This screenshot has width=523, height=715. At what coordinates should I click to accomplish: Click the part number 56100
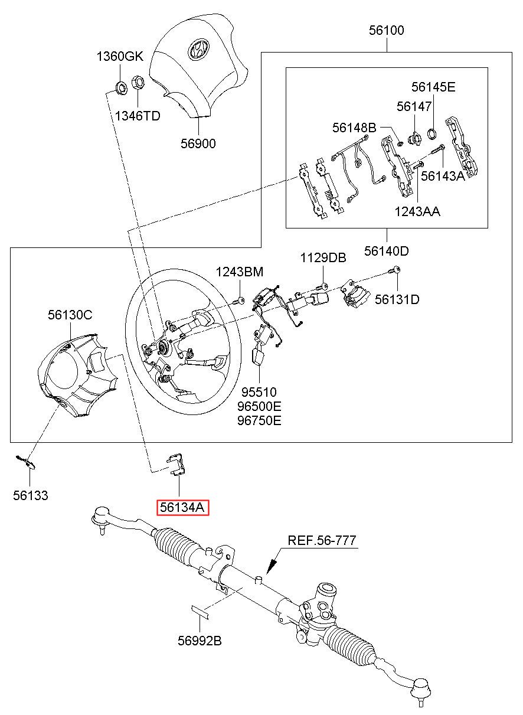point(387,31)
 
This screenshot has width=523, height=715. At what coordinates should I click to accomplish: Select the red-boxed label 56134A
point(182,508)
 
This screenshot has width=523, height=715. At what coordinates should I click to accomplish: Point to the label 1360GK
point(120,57)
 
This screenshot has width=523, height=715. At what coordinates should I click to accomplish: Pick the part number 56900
point(198,143)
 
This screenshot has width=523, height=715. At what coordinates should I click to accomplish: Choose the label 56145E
point(433,87)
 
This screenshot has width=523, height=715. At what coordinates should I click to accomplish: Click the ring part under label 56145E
point(432,133)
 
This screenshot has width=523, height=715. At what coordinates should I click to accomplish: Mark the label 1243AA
point(417,211)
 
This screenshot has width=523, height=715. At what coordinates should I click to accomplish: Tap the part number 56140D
point(386,251)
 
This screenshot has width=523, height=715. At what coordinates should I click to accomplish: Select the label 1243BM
point(239,272)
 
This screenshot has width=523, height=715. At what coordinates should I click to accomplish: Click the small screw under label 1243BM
point(240,302)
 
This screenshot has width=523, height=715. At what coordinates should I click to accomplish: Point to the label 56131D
point(397,299)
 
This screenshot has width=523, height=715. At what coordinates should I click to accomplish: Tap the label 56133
point(31,495)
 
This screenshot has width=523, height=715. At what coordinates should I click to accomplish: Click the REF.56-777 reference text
point(322,540)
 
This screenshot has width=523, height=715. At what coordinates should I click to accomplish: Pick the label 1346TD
point(137,116)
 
